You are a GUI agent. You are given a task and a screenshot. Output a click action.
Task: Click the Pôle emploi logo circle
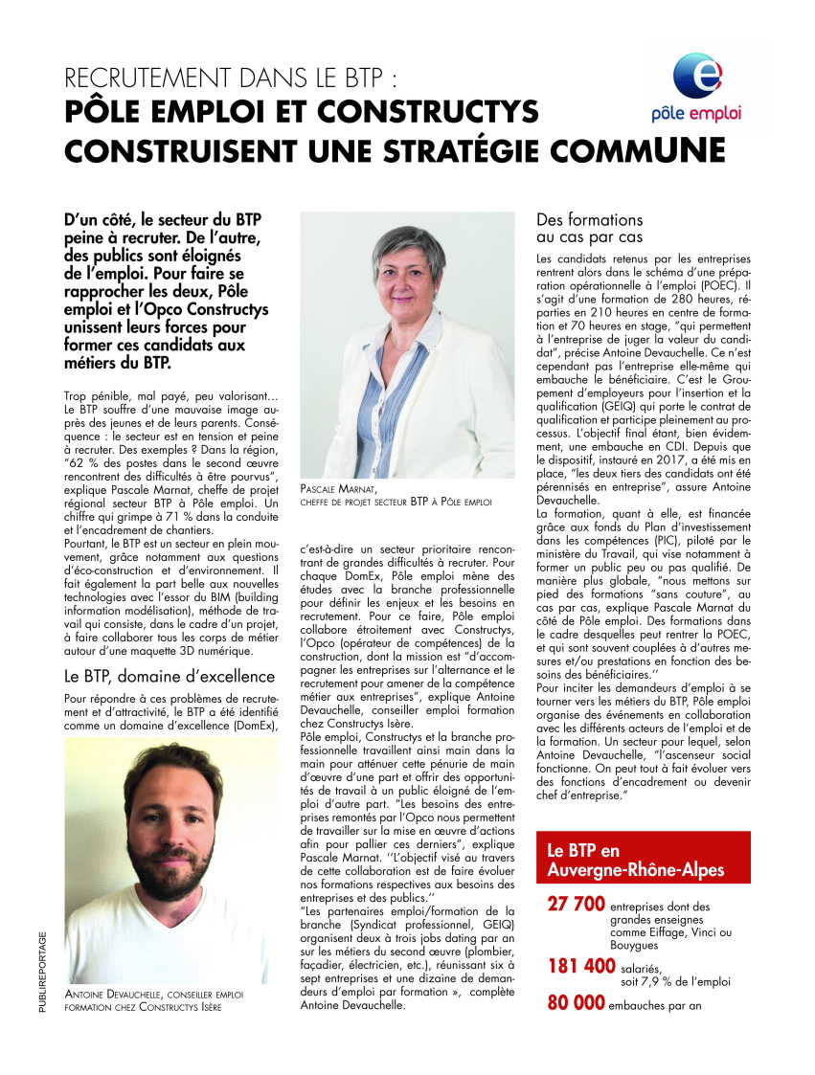(695, 76)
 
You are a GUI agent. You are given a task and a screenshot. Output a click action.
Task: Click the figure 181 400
(581, 966)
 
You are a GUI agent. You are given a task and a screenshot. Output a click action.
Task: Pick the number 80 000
(576, 1003)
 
